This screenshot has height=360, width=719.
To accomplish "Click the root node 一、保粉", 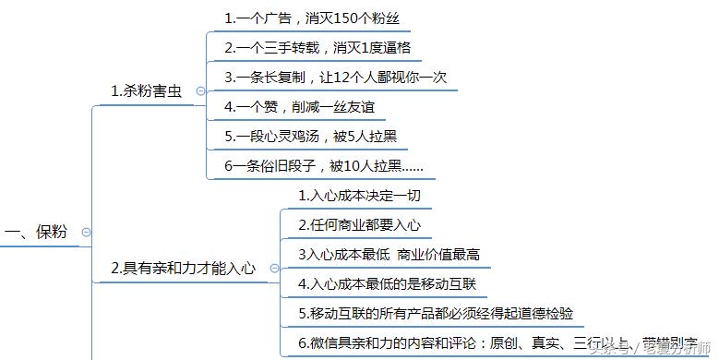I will tap(38, 232).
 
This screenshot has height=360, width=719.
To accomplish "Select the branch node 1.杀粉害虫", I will tap(146, 90).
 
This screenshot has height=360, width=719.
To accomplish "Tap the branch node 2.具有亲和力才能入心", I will tap(183, 269).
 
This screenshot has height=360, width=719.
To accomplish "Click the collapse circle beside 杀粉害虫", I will tap(201, 90).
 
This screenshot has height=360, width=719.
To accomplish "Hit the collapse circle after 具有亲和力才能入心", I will tap(275, 269).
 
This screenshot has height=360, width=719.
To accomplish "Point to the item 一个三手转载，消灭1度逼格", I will tap(322, 47).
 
